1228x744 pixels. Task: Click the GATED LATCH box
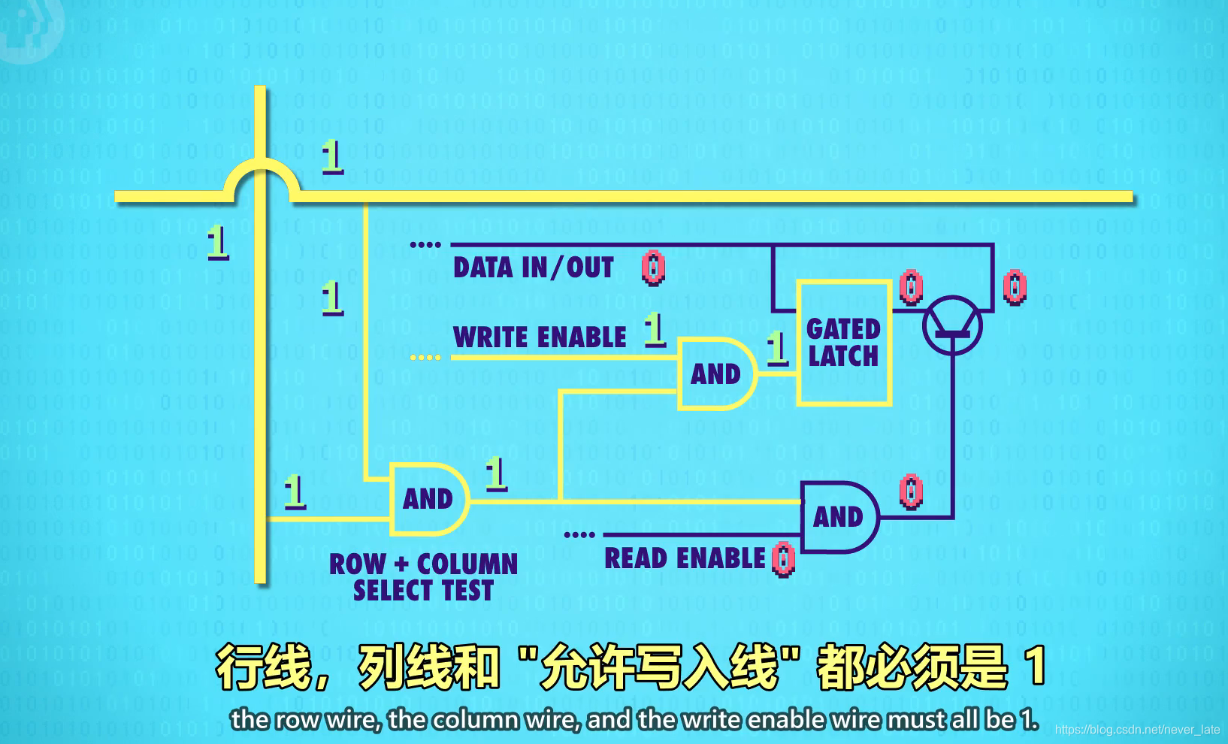point(843,343)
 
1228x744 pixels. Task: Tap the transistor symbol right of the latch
point(951,325)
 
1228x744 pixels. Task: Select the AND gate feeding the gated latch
point(715,374)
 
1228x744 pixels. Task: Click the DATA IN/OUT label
point(533,268)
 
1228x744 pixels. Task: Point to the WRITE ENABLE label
point(540,337)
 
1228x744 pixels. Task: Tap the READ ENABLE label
point(685,558)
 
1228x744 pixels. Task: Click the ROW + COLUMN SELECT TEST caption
point(424,577)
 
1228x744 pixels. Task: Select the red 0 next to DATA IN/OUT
point(652,268)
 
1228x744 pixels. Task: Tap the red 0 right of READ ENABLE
point(783,559)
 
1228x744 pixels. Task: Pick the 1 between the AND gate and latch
point(777,348)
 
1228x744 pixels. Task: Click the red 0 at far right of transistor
point(1014,287)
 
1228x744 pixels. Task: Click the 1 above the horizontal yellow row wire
point(332,157)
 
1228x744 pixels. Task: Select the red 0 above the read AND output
point(910,492)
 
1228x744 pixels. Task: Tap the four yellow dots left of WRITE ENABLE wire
point(425,358)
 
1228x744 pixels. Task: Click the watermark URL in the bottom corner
point(1137,730)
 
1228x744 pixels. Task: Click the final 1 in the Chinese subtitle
point(1036,666)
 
